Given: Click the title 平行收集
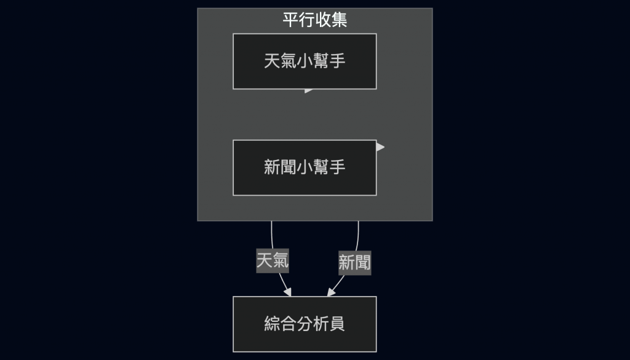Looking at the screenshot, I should [x=314, y=20].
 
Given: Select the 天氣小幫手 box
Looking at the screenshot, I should [x=305, y=62].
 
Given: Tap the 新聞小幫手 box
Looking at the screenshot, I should [x=305, y=167].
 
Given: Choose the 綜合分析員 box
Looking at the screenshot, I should [x=305, y=324].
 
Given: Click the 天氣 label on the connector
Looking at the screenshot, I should [x=273, y=261].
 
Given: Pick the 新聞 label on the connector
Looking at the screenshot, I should [x=354, y=263].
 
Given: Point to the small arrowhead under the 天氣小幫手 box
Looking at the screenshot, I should [x=309, y=91].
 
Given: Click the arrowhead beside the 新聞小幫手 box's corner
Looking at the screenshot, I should [x=380, y=147].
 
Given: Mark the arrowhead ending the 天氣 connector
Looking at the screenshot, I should [x=287, y=292].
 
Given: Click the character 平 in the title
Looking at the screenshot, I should [x=290, y=20].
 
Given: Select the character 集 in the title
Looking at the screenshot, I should [x=339, y=20].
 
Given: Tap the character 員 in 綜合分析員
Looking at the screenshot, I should [x=337, y=324].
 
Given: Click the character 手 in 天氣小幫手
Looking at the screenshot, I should [x=337, y=62].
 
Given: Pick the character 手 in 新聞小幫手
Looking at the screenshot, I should [x=337, y=167].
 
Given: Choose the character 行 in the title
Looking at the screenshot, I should [x=306, y=20].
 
